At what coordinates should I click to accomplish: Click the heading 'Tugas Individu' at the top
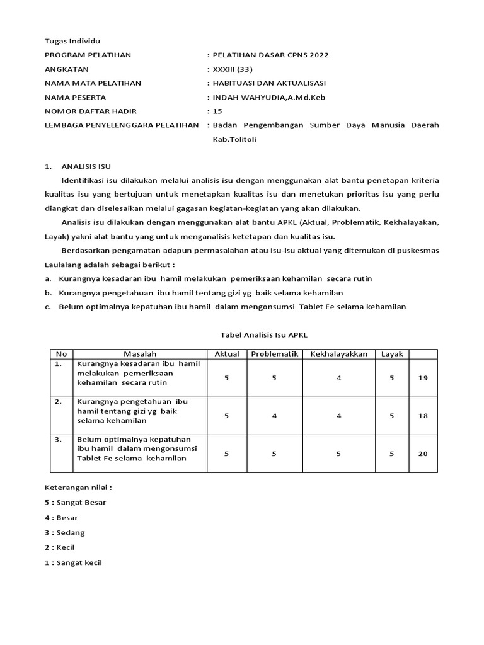coord(69,40)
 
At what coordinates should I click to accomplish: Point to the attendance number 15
coord(218,111)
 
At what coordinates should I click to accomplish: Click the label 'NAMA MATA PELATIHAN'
coord(93,83)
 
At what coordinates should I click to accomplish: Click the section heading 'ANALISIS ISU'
coord(86,167)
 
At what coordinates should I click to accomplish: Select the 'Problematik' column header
coord(274,354)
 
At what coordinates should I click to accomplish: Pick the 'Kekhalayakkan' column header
coord(338,354)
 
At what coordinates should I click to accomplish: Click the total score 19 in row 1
coord(423,378)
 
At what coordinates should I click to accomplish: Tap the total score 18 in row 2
coord(423,416)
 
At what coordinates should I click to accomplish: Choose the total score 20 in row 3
coord(423,453)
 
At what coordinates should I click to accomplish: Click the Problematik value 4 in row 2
coord(274,416)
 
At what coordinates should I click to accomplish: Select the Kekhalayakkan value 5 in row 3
coord(338,453)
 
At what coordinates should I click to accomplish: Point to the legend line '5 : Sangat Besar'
coord(75,502)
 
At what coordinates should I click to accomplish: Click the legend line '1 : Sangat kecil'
coord(74,562)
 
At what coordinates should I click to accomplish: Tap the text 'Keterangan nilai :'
coord(78,488)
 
